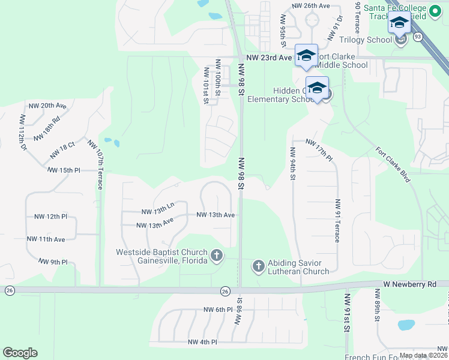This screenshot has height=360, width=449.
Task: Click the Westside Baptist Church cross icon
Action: point(216,257)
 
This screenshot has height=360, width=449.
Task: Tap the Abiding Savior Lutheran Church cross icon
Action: point(259,266)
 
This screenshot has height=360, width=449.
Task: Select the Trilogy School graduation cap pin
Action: point(399,24)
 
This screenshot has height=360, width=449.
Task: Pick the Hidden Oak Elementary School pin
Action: point(317,88)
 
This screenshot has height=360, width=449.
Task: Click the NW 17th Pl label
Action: point(319,149)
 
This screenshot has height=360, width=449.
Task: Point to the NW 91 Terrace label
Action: point(338,220)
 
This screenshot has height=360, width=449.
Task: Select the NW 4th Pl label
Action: point(202,342)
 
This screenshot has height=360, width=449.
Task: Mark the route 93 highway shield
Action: point(417,37)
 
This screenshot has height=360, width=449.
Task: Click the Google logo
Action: point(20,353)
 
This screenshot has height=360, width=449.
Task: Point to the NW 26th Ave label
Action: point(311,5)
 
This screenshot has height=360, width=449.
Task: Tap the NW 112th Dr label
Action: point(23,132)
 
